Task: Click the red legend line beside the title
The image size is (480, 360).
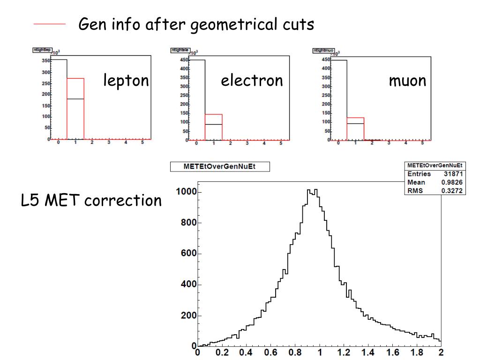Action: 49,24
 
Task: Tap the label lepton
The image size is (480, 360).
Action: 126,81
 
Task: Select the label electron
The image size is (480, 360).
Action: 252,81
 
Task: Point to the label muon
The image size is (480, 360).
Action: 407,81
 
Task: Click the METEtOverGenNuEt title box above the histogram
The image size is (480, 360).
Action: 219,166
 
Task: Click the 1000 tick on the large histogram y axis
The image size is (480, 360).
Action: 186,192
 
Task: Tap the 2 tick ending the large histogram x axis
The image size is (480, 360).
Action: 441,352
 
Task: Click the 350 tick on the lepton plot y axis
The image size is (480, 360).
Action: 45,61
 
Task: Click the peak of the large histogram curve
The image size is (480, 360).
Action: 312,190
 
